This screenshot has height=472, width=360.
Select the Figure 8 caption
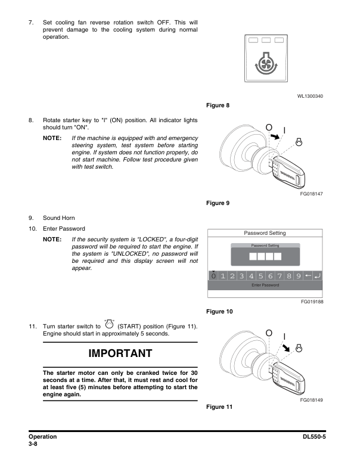(217, 105)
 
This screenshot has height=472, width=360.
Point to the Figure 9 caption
(217, 203)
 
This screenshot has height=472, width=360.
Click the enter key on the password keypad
(316, 276)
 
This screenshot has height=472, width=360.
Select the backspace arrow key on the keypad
(307, 276)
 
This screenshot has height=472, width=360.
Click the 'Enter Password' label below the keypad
(265, 285)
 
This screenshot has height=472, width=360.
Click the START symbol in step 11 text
(109, 325)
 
